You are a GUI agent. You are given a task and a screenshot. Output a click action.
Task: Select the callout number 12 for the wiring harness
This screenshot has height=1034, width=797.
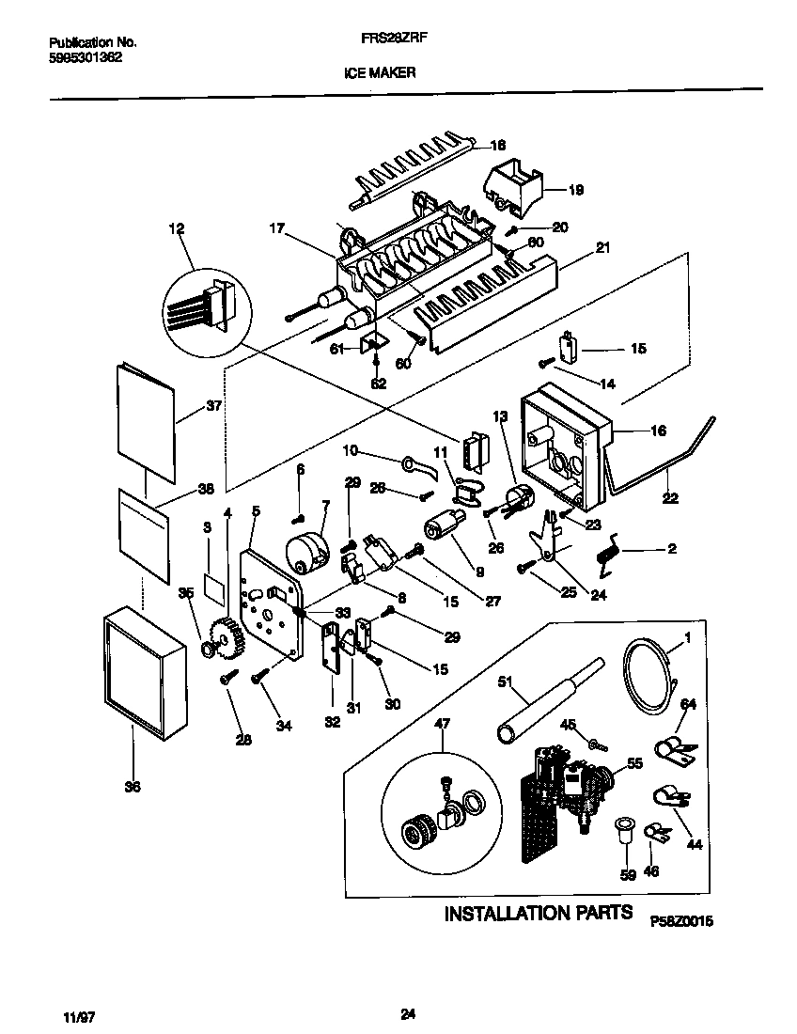point(176,228)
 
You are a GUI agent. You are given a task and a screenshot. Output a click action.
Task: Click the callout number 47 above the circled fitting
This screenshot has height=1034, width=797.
point(442,724)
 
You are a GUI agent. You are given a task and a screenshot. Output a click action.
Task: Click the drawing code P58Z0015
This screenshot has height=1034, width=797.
point(681,923)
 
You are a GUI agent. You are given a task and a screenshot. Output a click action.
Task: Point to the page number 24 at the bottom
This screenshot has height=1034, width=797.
point(407,1013)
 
